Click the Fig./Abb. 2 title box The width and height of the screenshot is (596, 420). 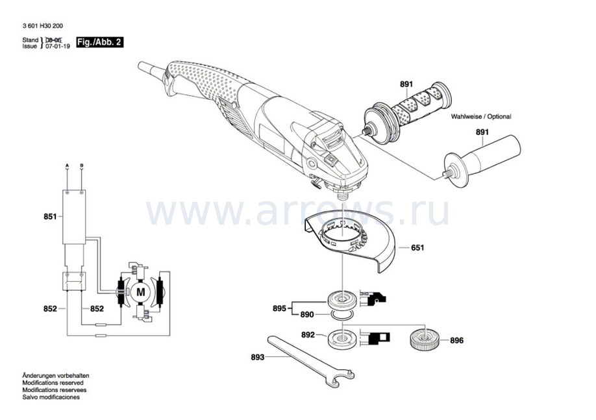(99, 42)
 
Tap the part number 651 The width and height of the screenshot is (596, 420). (417, 247)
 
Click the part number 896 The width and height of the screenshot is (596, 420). (456, 340)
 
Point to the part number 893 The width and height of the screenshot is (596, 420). (258, 357)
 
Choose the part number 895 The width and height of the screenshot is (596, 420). (279, 308)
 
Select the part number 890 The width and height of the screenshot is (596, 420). (307, 314)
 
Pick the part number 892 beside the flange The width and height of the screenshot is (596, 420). (308, 335)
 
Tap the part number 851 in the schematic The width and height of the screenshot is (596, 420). (50, 217)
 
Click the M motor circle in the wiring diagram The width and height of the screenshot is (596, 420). (141, 291)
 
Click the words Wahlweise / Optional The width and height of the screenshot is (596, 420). (481, 117)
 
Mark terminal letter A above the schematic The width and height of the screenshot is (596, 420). (67, 166)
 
